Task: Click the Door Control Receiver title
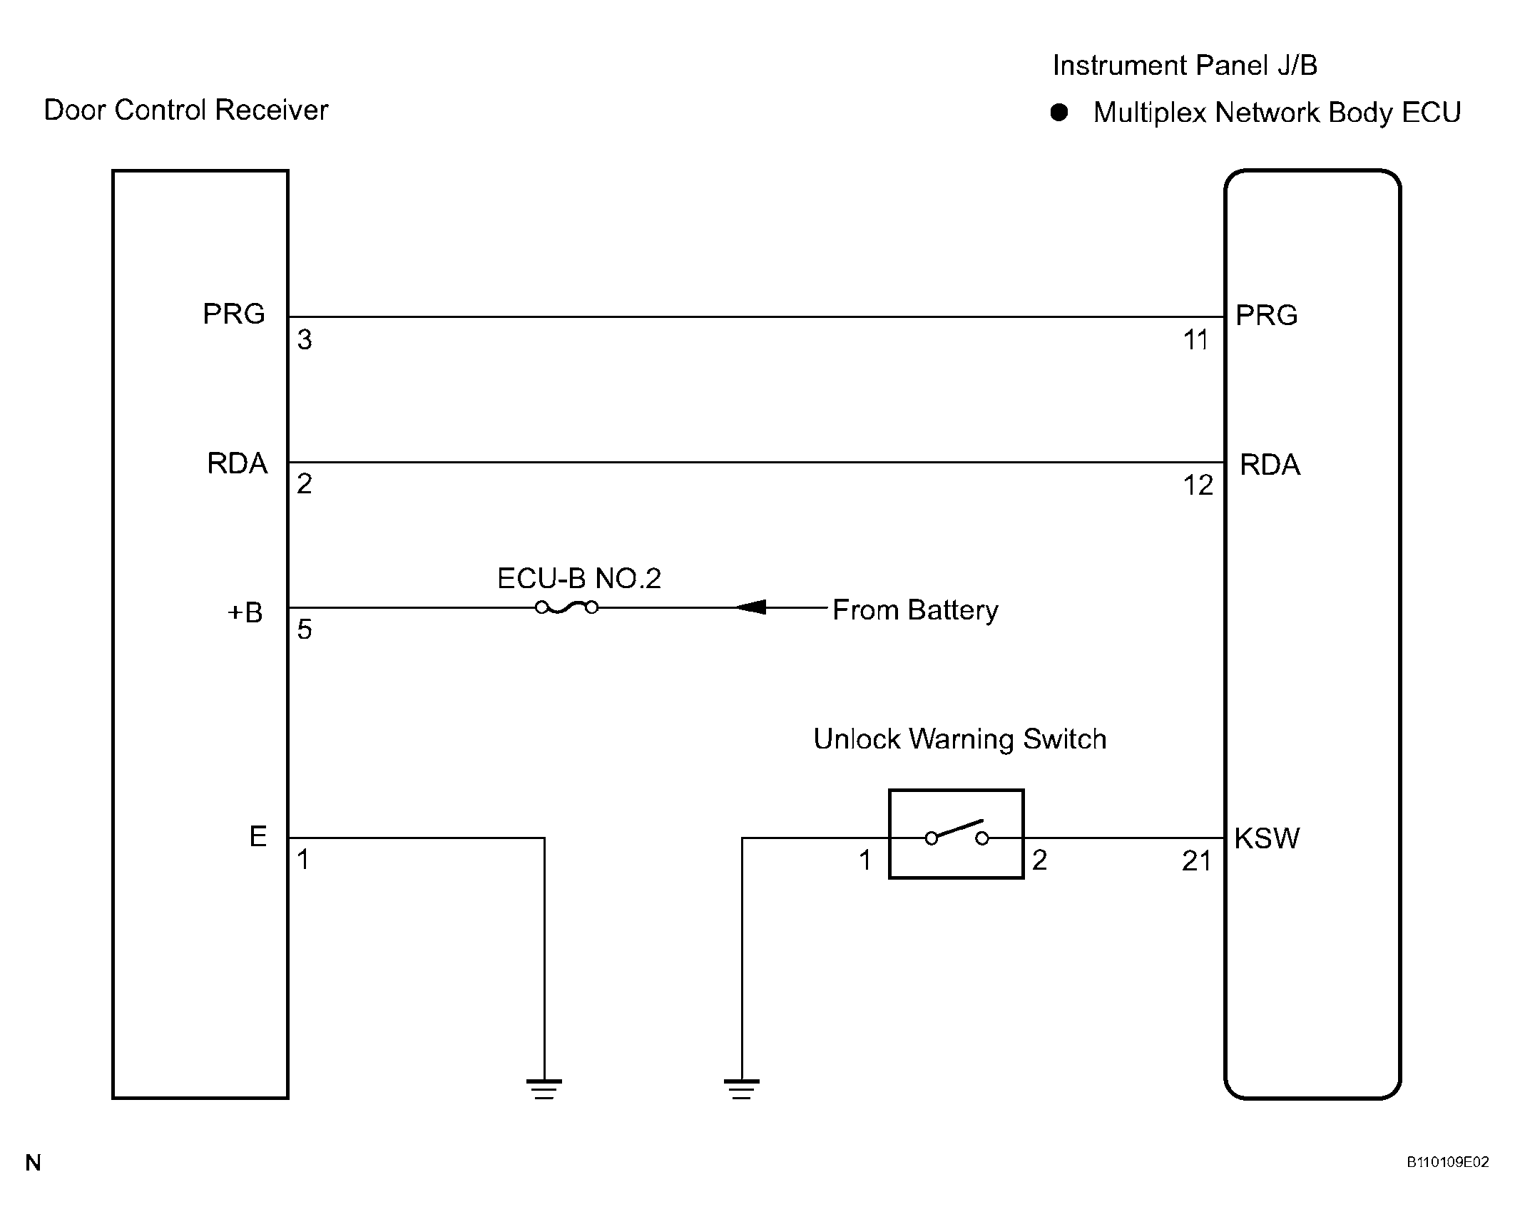tap(186, 110)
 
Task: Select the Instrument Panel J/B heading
tap(1185, 66)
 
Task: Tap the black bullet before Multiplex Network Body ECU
tap(1059, 113)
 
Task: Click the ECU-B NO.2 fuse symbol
tap(566, 607)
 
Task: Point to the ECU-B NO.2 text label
tap(579, 578)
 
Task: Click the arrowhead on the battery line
tap(750, 607)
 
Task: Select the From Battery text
tap(915, 610)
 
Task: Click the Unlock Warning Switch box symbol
tap(957, 834)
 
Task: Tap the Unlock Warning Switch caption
tap(960, 739)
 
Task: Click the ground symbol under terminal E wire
tap(544, 1089)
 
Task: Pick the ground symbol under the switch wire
tap(742, 1089)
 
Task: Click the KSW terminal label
tap(1267, 838)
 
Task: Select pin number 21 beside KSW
tap(1197, 862)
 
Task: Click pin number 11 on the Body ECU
tap(1196, 341)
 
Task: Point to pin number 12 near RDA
tap(1198, 485)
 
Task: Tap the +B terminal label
tap(245, 612)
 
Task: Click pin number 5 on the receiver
tap(305, 629)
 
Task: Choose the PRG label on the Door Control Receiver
tap(234, 314)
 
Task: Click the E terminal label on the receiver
tap(258, 836)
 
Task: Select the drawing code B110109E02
tap(1448, 1162)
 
